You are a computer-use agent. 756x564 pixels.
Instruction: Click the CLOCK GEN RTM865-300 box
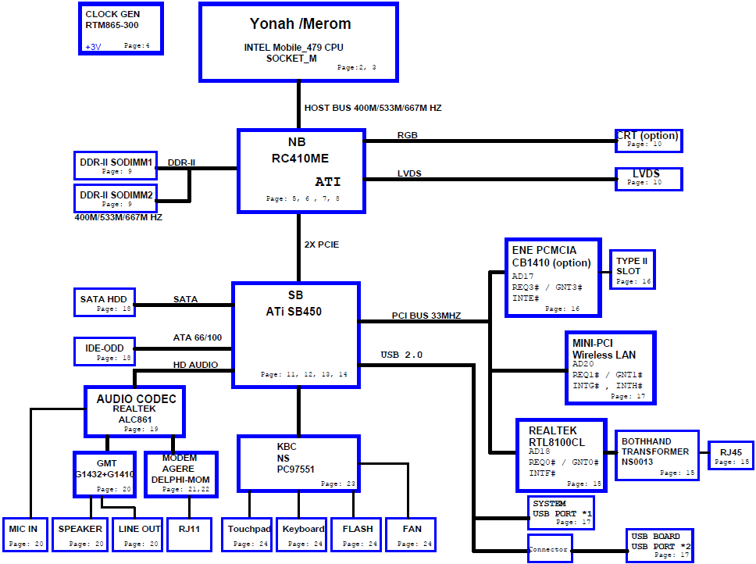point(121,28)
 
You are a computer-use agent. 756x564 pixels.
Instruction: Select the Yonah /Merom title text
point(301,23)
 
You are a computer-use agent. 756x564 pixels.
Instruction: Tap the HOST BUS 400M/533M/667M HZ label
point(373,108)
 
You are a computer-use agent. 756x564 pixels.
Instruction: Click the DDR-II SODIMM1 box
point(116,166)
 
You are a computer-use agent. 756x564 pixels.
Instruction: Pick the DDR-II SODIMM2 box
point(116,198)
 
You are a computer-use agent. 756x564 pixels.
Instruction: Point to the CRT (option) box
point(649,141)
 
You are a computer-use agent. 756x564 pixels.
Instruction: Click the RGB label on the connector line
point(408,135)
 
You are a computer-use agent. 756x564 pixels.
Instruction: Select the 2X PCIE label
point(322,245)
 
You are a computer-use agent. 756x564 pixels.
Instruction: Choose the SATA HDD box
point(105,302)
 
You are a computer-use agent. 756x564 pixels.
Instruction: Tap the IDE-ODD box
point(105,352)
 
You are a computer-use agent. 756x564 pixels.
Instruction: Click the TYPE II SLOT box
point(632,270)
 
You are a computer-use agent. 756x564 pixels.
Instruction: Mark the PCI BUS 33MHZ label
point(426,316)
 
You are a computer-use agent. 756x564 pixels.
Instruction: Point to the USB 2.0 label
point(401,355)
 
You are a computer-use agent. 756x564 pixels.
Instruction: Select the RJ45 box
point(730,455)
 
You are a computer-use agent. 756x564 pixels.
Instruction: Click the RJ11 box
point(189,534)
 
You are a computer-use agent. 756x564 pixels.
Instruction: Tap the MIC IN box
point(26,534)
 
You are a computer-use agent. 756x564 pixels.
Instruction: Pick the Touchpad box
point(249,534)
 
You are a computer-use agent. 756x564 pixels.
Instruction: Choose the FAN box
point(412,534)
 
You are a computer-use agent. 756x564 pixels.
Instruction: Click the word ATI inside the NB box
point(328,182)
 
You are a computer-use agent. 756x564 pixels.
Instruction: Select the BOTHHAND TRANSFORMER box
point(657,455)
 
